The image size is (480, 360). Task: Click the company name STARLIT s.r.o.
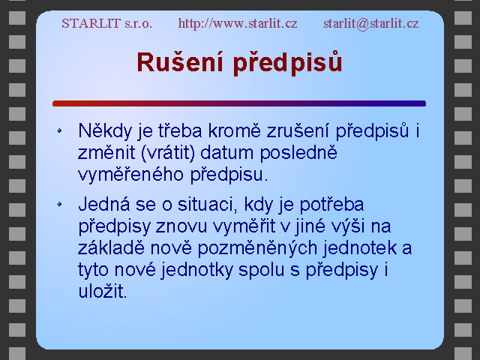pos(106,23)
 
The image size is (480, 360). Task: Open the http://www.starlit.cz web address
pos(238,23)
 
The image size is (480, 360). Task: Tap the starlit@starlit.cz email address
pos(371,23)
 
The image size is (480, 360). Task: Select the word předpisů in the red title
pos(287,63)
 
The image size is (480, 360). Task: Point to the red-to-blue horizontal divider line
pos(239,103)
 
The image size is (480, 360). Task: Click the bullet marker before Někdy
pos(59,130)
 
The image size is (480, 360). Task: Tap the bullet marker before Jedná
pos(59,204)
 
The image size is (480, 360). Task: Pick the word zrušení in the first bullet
pos(298,130)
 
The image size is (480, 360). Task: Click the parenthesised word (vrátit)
pos(168,153)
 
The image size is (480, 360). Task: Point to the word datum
pos(227,153)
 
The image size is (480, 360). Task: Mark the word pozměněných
pos(257,248)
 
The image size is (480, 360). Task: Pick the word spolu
pos(262,270)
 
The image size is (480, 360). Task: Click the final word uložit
pos(102,291)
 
